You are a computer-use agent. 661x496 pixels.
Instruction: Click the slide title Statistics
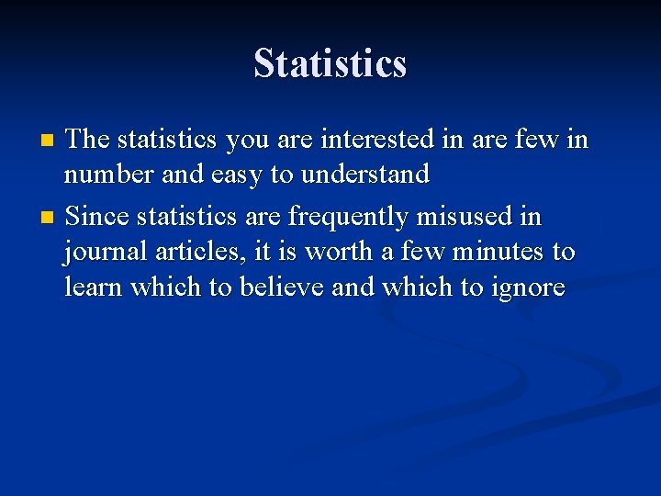(330, 63)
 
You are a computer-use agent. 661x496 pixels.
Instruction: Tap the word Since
(98, 217)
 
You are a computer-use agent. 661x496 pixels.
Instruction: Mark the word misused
(478, 217)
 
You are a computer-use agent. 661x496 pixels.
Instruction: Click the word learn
(95, 287)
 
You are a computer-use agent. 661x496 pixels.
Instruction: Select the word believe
(282, 287)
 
